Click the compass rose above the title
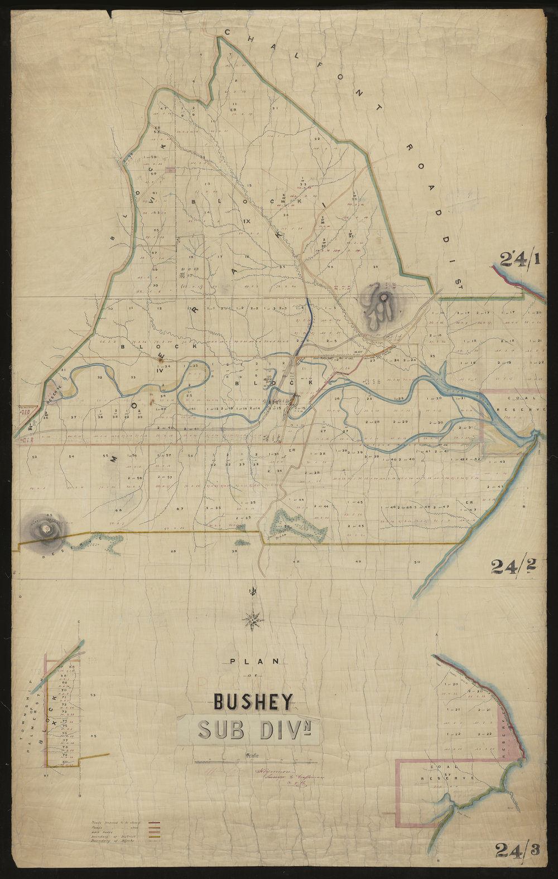tap(254, 619)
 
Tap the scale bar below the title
tap(255, 762)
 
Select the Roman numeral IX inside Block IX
tap(247, 221)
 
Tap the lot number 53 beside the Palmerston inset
tap(94, 695)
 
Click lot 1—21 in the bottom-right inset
tap(452, 710)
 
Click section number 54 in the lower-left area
tap(71, 457)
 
